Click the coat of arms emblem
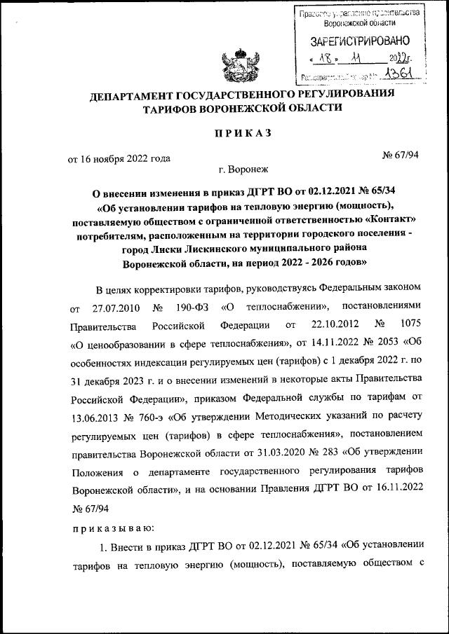click(237, 67)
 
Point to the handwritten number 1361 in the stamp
click(399, 75)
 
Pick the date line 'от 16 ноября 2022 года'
click(119, 158)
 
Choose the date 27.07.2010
click(116, 308)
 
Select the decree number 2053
click(381, 343)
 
